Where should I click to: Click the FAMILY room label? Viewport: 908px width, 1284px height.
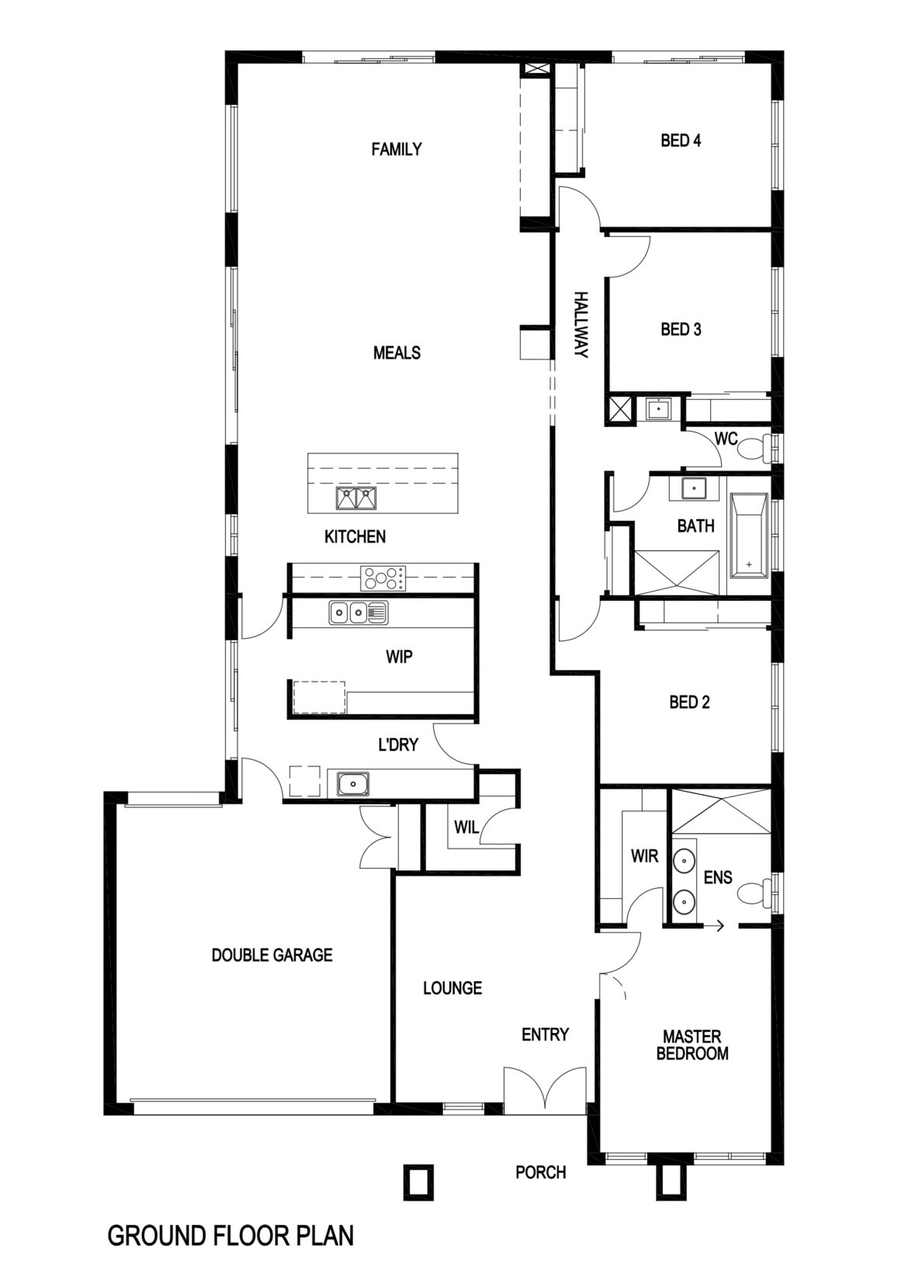[397, 149]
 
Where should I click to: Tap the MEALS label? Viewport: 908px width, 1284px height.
[397, 352]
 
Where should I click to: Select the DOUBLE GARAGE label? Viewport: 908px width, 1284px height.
[272, 954]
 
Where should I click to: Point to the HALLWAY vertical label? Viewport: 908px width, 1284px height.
[581, 325]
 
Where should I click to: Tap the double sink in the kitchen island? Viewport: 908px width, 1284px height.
[355, 498]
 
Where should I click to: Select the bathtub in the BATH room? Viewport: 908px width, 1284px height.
[749, 536]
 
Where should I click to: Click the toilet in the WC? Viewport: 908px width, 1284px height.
[754, 447]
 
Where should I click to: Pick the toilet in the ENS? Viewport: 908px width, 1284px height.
[754, 893]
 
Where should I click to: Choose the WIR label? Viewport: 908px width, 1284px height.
[644, 856]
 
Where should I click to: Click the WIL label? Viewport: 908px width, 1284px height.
[466, 827]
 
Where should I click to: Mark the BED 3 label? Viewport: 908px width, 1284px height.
[681, 329]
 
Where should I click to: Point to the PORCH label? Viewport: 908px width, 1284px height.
[541, 1172]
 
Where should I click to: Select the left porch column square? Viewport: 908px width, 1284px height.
[419, 1182]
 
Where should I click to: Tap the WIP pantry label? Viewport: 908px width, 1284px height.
[399, 656]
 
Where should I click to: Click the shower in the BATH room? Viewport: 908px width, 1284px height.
[676, 572]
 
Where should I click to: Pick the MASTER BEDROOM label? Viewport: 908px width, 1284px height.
[692, 1044]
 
